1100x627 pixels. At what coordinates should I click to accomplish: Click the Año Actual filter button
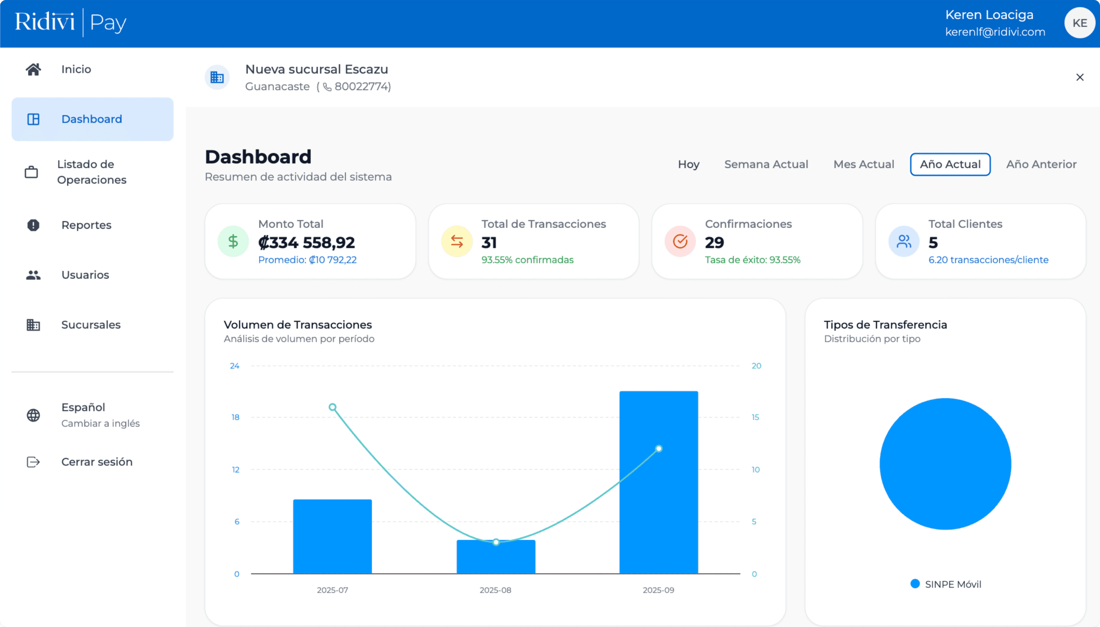[x=950, y=165]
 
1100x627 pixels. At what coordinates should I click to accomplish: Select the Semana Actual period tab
[x=766, y=165]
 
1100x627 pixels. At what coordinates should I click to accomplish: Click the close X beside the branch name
[x=1079, y=77]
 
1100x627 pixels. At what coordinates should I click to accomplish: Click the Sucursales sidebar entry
[x=90, y=325]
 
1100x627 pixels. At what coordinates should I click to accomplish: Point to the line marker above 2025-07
[x=332, y=407]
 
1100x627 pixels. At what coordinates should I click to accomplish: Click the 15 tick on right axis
[x=755, y=417]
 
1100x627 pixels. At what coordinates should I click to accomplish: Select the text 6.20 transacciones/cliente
[x=988, y=260]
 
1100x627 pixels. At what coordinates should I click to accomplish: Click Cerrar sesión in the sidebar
[x=96, y=462]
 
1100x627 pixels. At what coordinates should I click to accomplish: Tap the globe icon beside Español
[x=33, y=415]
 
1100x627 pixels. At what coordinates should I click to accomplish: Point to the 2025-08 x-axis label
[x=495, y=590]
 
